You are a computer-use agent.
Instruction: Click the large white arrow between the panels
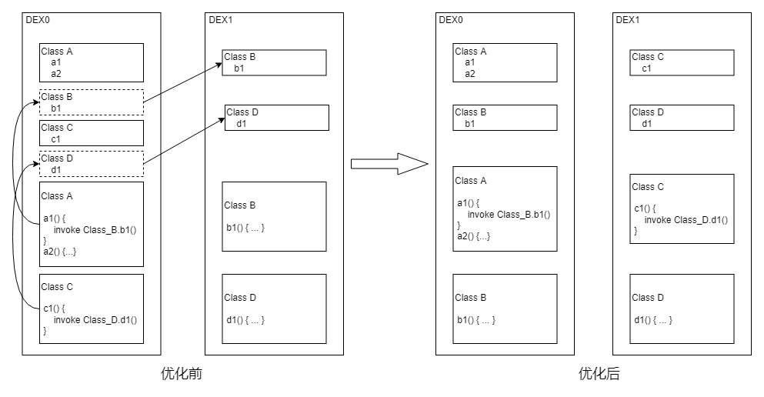point(389,164)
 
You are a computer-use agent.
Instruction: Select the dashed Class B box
point(92,102)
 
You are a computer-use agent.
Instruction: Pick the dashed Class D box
point(92,164)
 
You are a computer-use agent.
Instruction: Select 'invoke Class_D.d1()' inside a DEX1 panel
point(686,220)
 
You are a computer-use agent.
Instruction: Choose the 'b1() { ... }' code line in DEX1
point(245,228)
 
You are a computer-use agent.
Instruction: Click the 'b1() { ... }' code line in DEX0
point(476,320)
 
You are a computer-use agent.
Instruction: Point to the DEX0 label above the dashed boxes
point(38,19)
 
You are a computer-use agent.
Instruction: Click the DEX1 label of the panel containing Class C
point(628,19)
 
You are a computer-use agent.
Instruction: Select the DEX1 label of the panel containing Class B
point(221,19)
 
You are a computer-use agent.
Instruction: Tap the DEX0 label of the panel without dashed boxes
point(452,19)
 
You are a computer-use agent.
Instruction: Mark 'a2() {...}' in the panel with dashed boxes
point(60,252)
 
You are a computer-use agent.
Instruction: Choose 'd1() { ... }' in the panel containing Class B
point(245,320)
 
